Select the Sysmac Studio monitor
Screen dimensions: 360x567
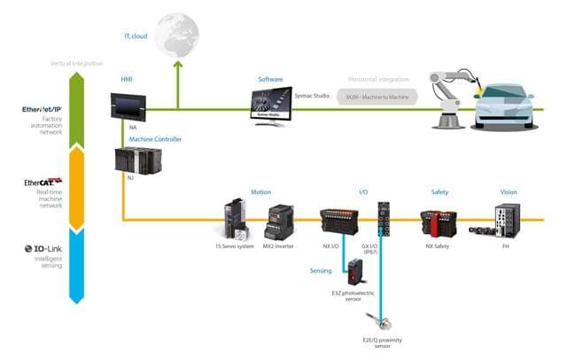tap(273, 106)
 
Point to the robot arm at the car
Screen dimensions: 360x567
tap(452, 89)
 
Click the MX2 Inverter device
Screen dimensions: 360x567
tap(279, 220)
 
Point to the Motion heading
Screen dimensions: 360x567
tap(260, 192)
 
